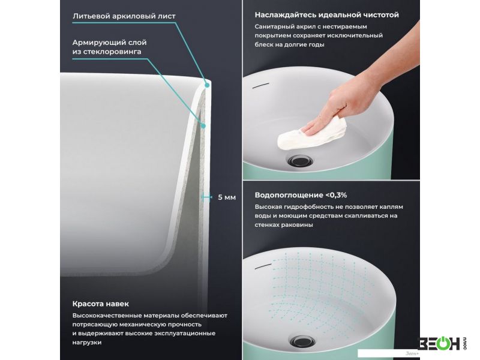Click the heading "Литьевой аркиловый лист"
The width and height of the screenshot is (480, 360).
(124, 16)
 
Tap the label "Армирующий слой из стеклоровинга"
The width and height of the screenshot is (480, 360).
(110, 47)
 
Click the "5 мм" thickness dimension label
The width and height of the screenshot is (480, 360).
(227, 197)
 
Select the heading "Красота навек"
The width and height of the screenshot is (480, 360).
(101, 304)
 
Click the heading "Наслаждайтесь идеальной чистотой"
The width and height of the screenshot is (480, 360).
(326, 14)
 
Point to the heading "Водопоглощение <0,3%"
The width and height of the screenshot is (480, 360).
(301, 195)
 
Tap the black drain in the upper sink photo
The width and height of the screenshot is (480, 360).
(301, 160)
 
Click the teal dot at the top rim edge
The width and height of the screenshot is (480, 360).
(207, 85)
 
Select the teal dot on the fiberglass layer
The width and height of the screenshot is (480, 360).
(203, 125)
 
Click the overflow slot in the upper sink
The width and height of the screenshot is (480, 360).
(260, 86)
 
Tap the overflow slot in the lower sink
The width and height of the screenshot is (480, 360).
(263, 266)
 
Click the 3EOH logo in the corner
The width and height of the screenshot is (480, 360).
(442, 343)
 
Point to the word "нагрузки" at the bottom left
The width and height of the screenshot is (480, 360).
(87, 343)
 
